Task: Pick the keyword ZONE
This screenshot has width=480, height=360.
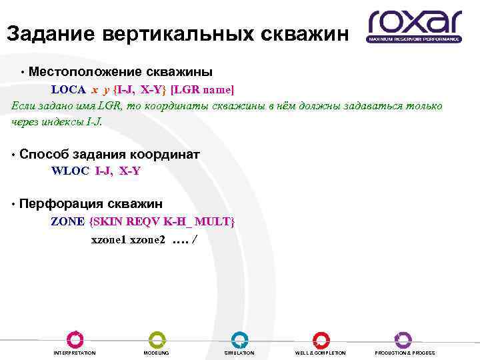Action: tap(68, 221)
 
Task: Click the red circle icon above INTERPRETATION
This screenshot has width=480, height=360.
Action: tap(75, 339)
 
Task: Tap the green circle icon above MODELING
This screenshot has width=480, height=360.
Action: tap(157, 339)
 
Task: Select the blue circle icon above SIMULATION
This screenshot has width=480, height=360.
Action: tap(239, 339)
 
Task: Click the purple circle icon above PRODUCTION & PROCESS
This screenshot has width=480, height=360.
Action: tap(403, 339)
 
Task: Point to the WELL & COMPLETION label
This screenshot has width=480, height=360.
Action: tap(321, 353)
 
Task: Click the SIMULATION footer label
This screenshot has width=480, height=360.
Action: tap(239, 353)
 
